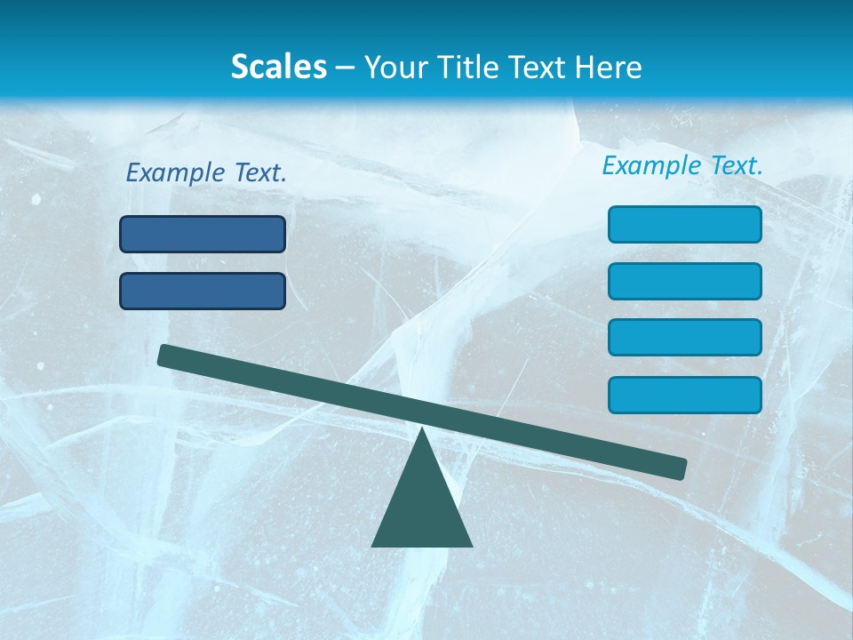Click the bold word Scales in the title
279,67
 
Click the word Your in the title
396,68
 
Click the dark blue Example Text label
206,172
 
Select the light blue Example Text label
682,165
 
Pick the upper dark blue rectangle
203,235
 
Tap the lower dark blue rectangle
203,291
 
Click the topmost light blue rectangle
684,224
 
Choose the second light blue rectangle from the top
684,281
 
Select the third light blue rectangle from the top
684,338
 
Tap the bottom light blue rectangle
684,395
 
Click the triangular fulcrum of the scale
422,507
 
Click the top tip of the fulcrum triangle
422,430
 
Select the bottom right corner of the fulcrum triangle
470,545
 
